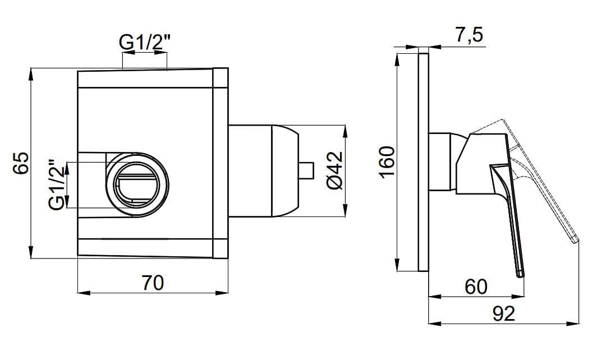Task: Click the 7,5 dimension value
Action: pos(469,35)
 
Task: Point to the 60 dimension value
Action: pos(476,287)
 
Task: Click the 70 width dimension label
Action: pos(152,283)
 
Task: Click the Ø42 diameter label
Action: pos(334,170)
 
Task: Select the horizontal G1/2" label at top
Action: pos(144,43)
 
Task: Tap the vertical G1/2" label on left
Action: pos(57,185)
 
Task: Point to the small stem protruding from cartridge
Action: pos(306,170)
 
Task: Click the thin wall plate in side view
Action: pos(424,163)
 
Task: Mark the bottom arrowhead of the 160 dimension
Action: pos(397,268)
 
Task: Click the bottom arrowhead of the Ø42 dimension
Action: pos(345,213)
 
